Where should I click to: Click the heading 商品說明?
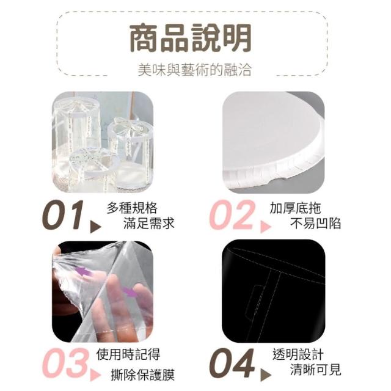(190, 38)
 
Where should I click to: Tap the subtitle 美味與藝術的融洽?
(194, 70)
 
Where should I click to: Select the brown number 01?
(63, 215)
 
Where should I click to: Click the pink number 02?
(232, 215)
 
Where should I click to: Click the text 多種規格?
(132, 208)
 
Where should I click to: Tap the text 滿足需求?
(149, 222)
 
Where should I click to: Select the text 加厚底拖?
(295, 208)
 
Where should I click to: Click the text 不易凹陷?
(315, 222)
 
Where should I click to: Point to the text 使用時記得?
(128, 354)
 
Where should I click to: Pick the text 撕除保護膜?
(142, 375)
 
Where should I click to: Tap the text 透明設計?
(298, 354)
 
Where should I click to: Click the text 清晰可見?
(315, 369)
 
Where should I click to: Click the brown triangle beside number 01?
(95, 227)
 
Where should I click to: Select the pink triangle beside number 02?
(265, 227)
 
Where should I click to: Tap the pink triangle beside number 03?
(95, 375)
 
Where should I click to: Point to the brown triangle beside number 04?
(265, 375)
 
